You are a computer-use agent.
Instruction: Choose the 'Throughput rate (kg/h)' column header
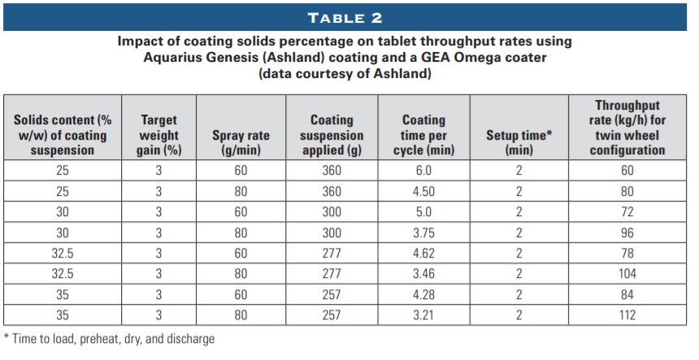(x=627, y=128)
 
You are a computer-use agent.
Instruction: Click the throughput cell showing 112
(x=627, y=314)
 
